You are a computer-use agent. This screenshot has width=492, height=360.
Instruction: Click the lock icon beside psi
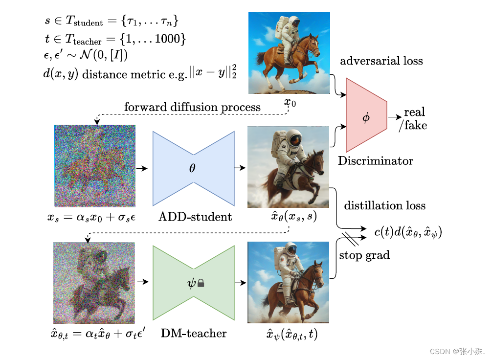click(200, 283)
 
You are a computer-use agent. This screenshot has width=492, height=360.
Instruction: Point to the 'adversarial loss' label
click(381, 61)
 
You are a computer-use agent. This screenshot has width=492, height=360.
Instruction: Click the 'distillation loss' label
click(385, 205)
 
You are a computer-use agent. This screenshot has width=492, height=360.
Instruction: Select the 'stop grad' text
click(364, 255)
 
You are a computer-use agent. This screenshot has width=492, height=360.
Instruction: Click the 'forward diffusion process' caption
click(192, 107)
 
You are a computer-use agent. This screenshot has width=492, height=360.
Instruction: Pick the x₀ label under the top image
click(290, 103)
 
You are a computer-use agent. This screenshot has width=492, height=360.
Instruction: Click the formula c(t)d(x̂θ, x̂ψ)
click(408, 233)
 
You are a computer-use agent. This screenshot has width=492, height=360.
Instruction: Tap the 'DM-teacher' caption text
click(194, 334)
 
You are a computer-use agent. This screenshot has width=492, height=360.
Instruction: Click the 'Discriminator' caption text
click(375, 161)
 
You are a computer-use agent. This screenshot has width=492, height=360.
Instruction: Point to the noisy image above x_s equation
click(94, 166)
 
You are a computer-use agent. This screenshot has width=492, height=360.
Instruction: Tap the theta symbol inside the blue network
click(192, 168)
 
